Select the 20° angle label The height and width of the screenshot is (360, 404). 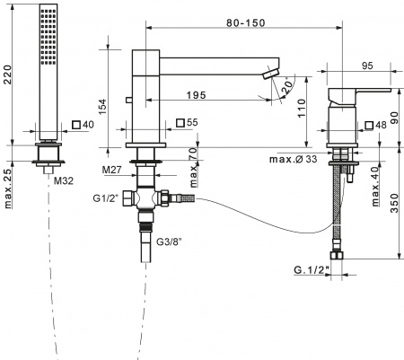click(x=285, y=88)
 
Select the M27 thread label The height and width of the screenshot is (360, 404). click(x=113, y=170)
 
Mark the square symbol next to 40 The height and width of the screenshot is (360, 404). click(x=76, y=123)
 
